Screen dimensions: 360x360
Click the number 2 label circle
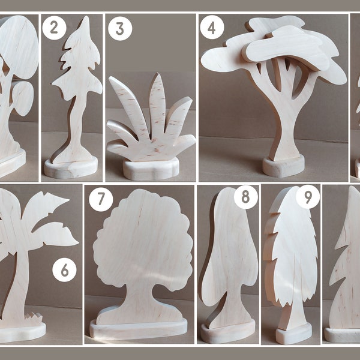tap(54, 28)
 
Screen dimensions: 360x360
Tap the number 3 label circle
tap(120, 28)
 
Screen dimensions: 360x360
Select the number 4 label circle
tap(211, 27)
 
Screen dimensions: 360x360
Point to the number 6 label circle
tap(64, 271)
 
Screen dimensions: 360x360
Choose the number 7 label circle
tap(101, 200)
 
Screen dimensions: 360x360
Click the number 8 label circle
tap(245, 197)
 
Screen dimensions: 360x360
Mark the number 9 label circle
tap(308, 197)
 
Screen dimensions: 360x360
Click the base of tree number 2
tap(71, 168)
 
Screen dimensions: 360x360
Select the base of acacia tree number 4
tap(283, 166)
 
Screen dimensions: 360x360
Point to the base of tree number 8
tap(227, 332)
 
